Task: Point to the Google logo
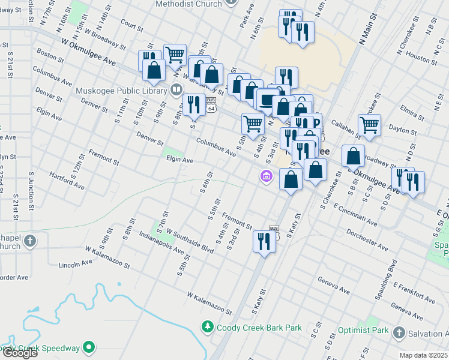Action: [x=20, y=353]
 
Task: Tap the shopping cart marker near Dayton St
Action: [x=369, y=125]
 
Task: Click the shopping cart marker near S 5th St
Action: [x=253, y=124]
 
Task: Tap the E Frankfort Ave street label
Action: [x=415, y=293]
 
